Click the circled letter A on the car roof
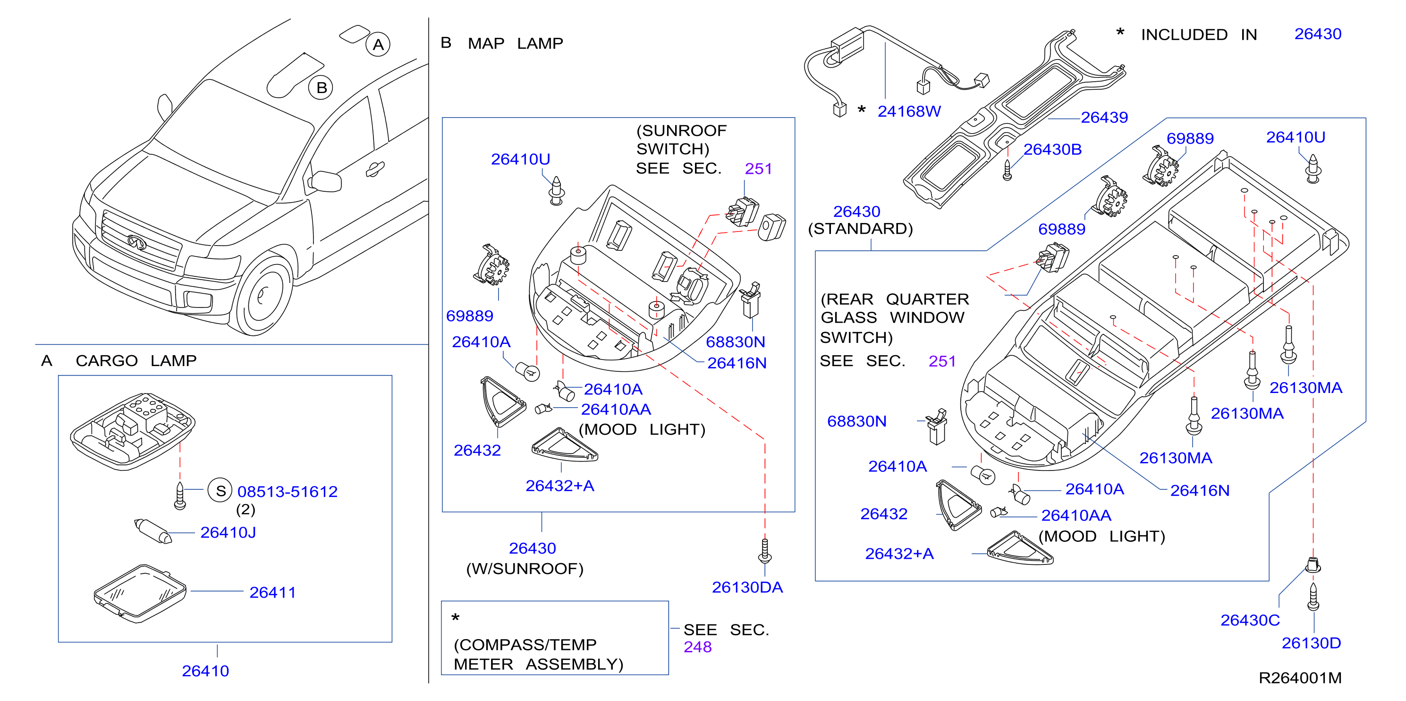click(378, 45)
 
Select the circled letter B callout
click(322, 87)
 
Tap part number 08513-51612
click(288, 492)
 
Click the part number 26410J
click(228, 532)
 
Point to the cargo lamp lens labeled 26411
click(140, 593)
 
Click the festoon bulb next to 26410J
click(153, 531)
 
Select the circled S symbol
click(220, 491)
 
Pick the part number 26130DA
click(747, 588)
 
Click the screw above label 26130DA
click(765, 551)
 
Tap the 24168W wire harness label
click(909, 111)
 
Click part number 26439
click(1104, 117)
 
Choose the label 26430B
click(1052, 150)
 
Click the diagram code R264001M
click(1300, 678)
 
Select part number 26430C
click(1250, 620)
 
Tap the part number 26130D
click(1311, 643)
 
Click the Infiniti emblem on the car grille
click(137, 242)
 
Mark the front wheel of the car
click(263, 295)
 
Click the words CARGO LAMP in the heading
click(136, 361)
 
